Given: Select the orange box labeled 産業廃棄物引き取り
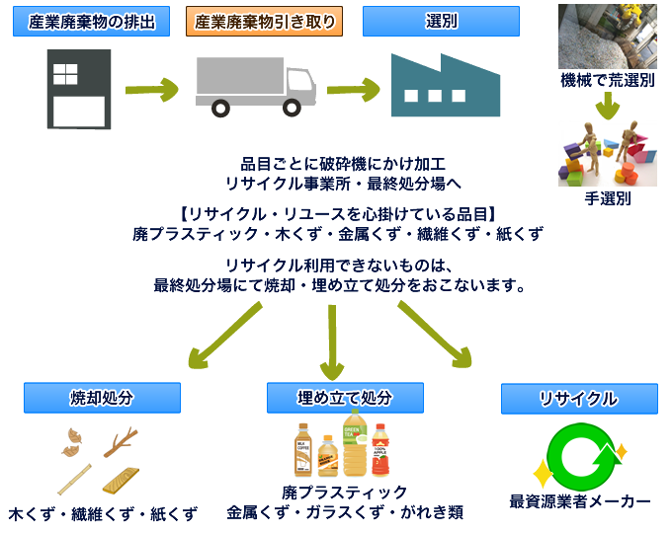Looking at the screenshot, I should coord(264,21).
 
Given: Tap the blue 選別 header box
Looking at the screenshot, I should coord(441,21).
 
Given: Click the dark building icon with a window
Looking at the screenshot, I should coord(79,89).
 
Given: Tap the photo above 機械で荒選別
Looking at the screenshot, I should coord(607,37).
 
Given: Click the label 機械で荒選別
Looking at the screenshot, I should coord(608,81).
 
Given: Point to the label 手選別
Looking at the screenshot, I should coord(608,198).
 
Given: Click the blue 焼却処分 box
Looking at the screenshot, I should coord(103,398).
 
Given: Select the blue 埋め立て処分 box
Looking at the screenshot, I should coord(345,398).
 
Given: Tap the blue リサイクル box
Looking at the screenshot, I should coord(579,399).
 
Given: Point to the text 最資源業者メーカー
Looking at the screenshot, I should coord(580,500).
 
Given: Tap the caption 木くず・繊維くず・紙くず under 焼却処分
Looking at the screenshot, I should coord(103,514).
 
